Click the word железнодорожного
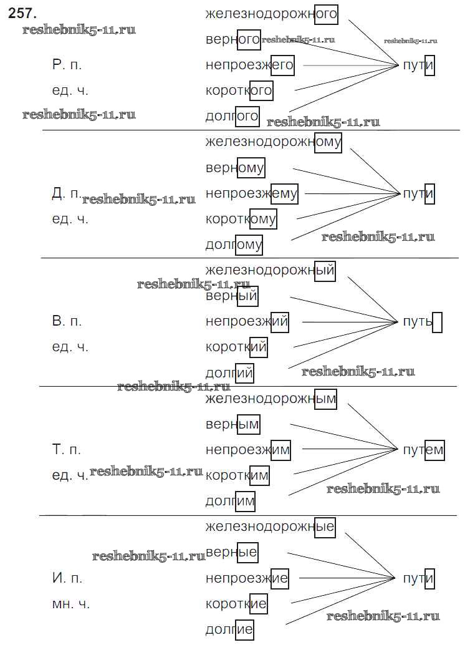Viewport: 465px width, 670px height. [x=271, y=14]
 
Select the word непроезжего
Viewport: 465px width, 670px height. [x=249, y=65]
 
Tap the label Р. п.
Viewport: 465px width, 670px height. [x=67, y=65]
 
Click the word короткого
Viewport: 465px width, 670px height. [x=239, y=90]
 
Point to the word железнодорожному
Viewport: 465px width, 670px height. [x=274, y=142]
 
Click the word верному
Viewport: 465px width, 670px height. [x=235, y=168]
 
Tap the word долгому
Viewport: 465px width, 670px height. [x=234, y=245]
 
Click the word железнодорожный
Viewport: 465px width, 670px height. [x=270, y=271]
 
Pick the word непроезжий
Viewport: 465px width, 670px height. [x=247, y=322]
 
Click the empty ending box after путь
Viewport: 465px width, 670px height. [x=437, y=323]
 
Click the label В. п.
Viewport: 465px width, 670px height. [x=67, y=322]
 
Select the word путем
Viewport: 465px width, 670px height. [x=423, y=450]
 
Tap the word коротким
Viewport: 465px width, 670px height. [x=237, y=475]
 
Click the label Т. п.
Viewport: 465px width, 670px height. [x=67, y=449]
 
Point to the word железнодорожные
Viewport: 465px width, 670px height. [x=270, y=527]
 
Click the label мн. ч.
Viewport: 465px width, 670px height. [x=70, y=603]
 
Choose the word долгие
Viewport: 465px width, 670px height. [x=229, y=629]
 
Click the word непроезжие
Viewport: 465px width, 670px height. [x=247, y=578]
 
